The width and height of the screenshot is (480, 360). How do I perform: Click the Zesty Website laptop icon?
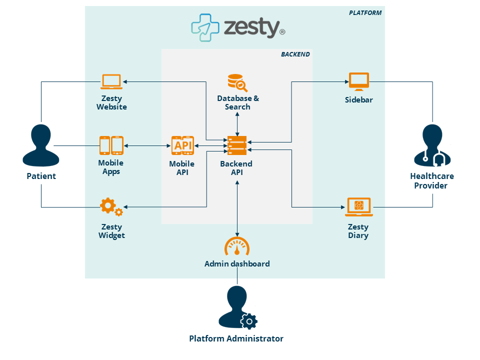[x=111, y=81]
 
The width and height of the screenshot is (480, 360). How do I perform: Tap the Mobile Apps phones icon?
[x=111, y=145]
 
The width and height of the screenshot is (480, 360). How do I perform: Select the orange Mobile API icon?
[x=182, y=145]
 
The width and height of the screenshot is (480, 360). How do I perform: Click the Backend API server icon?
[x=237, y=146]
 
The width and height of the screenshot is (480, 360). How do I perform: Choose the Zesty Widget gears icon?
[x=111, y=206]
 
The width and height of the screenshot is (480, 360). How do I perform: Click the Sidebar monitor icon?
[x=358, y=81]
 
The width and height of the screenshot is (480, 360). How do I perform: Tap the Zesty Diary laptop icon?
[x=358, y=206]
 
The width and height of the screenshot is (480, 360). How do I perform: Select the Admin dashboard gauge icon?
[x=237, y=246]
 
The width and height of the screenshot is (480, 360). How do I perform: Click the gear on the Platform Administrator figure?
[x=248, y=320]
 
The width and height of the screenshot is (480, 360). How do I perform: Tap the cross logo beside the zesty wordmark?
[x=205, y=27]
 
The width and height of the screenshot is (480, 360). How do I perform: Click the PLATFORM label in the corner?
[x=365, y=13]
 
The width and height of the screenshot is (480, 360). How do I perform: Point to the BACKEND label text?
[x=295, y=54]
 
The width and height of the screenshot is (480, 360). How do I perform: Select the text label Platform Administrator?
[x=236, y=338]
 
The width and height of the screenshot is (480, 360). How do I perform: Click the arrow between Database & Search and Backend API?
[x=237, y=123]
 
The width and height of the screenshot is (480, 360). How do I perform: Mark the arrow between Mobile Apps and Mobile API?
[x=148, y=146]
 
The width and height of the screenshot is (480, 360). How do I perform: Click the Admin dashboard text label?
[x=237, y=263]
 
